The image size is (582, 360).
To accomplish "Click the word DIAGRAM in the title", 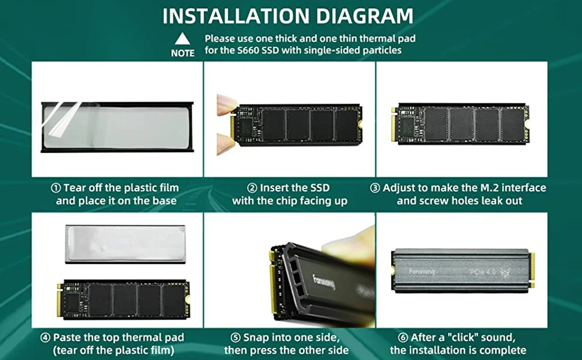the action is (364, 16).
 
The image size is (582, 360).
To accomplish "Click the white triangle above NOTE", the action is (182, 39).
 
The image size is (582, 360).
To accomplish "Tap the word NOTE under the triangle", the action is (183, 54).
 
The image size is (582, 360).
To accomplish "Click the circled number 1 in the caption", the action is (55, 188).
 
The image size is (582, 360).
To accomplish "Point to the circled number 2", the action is (252, 188).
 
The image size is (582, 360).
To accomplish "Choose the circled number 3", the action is (375, 188).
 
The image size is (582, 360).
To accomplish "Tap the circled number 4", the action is (45, 338).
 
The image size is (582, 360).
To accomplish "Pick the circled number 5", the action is (235, 338).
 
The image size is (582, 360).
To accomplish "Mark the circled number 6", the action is (403, 338).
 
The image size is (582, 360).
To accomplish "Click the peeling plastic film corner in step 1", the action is (61, 119).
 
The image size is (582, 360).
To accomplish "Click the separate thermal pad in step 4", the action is (125, 244).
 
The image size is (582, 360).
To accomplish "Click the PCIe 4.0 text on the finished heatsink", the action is (482, 272).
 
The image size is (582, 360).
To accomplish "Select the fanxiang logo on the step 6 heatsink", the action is (421, 272).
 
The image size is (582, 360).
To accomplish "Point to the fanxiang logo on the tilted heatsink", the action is (324, 282).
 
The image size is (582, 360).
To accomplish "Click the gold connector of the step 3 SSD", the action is (393, 124).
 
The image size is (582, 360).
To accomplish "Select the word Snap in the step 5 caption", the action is (256, 338).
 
